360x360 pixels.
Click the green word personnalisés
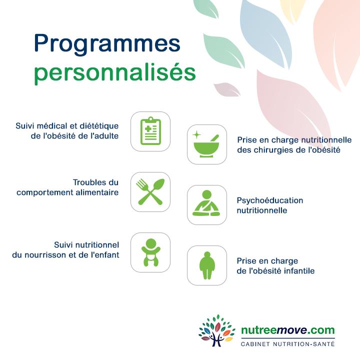tap(115, 73)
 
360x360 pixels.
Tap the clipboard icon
tap(150, 131)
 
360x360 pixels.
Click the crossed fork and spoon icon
tap(150, 192)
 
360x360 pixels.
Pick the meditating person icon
tap(206, 203)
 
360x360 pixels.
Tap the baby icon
tap(151, 252)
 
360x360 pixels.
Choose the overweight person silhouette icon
tap(207, 265)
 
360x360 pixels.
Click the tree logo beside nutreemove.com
tap(216, 330)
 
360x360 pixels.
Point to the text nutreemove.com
tap(288, 330)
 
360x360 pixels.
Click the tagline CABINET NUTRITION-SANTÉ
tap(287, 343)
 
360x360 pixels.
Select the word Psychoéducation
tap(270, 200)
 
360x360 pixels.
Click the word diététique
tap(99, 126)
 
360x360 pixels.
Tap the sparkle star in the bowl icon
tap(197, 135)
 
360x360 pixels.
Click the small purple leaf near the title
tap(227, 89)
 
